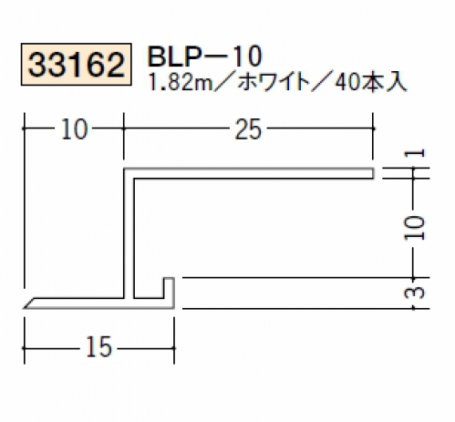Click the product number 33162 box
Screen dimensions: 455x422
coord(76,65)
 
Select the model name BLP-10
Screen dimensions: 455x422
coord(204,57)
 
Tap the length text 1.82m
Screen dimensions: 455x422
coord(181,82)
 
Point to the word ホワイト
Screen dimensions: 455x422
coord(273,82)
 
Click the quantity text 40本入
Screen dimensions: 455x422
coord(371,82)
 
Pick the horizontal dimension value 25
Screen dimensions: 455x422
coord(248,129)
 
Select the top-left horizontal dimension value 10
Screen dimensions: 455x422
coord(74,129)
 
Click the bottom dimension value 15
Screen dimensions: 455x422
coord(99,347)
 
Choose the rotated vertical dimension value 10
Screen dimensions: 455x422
coord(414,228)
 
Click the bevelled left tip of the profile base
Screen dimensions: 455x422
coord(25,308)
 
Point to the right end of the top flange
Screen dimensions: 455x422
coord(373,173)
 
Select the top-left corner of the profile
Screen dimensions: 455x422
coord(124,169)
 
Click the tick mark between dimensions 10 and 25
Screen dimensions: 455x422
coord(123,129)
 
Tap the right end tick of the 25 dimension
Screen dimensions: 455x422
coord(373,129)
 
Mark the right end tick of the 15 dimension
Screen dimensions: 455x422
coord(174,348)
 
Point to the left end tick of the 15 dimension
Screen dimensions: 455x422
coord(25,348)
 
